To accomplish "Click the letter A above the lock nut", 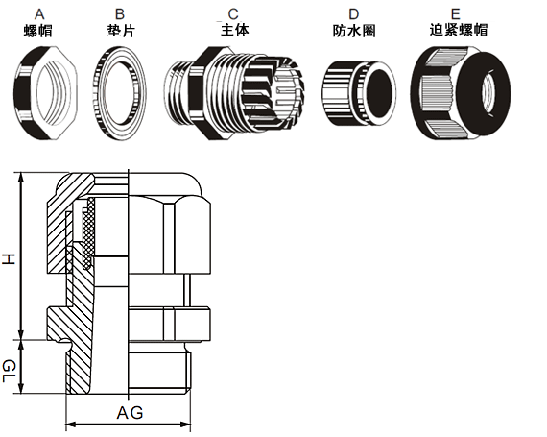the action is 39,14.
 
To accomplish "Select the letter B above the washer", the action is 120,14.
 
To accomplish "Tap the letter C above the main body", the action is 233,14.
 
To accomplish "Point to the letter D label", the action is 353,14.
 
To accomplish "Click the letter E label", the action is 455,14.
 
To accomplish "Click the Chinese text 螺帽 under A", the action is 38,31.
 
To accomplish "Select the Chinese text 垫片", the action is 121,31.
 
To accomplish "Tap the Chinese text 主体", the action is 235,30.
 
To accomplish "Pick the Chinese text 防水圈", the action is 354,31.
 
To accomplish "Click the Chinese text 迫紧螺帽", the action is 459,30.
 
